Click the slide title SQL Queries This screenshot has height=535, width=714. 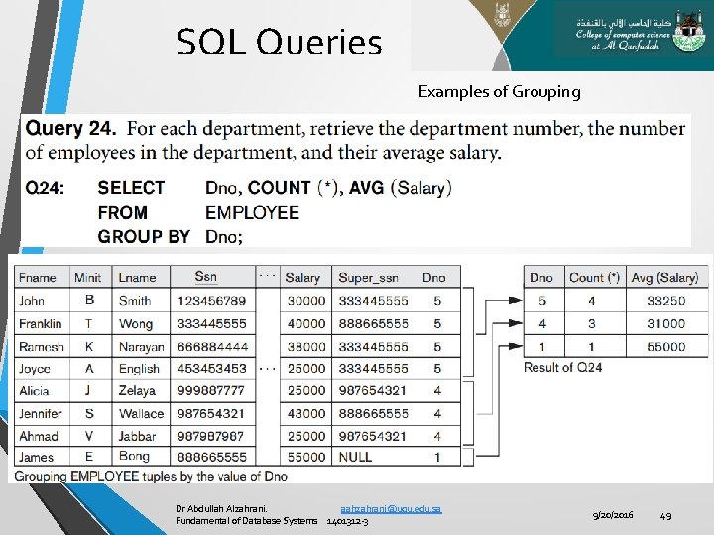(x=279, y=43)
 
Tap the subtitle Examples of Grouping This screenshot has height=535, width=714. (x=499, y=92)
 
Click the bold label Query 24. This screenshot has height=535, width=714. (x=70, y=129)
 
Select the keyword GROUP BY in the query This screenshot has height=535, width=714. (x=144, y=236)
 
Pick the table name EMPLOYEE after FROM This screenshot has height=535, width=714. (x=252, y=212)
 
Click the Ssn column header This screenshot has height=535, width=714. (x=206, y=277)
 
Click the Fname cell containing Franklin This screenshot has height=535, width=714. (x=40, y=323)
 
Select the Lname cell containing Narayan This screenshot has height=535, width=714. (x=139, y=347)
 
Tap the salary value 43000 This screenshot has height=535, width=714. (x=304, y=413)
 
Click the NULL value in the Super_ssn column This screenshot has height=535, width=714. (x=355, y=457)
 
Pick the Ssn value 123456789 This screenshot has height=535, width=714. (x=212, y=300)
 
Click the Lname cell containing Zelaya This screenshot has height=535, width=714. (x=138, y=391)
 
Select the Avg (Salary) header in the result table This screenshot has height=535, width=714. (x=664, y=278)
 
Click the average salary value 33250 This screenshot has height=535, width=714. (x=665, y=300)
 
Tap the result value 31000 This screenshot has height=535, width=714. (x=665, y=323)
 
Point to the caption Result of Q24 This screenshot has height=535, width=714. (x=563, y=367)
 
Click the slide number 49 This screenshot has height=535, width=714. (x=667, y=514)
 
